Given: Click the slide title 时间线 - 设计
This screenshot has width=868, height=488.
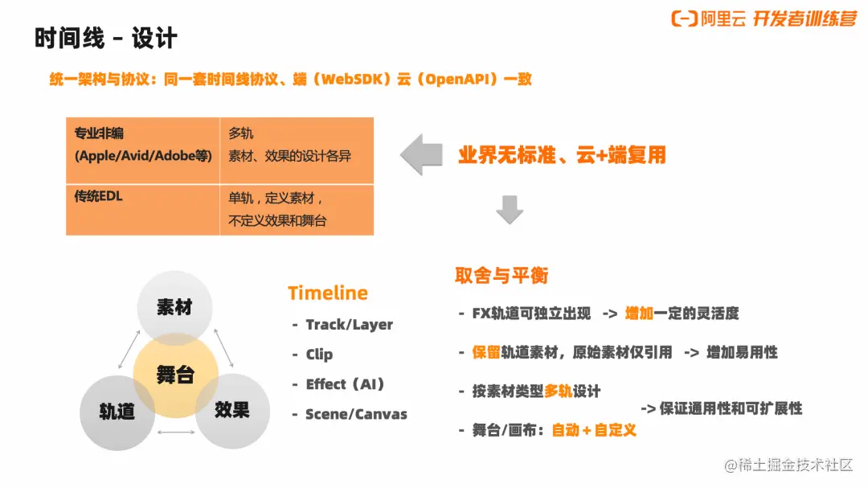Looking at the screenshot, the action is click(x=106, y=39).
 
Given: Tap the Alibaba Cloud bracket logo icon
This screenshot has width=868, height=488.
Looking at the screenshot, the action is click(x=684, y=18).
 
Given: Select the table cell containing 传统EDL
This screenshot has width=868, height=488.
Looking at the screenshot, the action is click(x=143, y=210).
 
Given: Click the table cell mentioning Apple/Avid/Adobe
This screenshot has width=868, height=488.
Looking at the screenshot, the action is click(x=143, y=150).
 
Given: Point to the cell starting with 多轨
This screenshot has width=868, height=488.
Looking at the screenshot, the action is click(x=297, y=150).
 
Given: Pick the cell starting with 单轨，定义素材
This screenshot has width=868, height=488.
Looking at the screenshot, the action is click(x=297, y=210).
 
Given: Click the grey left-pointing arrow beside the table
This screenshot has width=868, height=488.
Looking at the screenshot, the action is click(x=422, y=154).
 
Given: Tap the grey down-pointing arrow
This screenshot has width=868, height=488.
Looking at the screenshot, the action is click(x=510, y=209).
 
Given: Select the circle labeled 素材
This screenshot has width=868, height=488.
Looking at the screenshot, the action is click(x=175, y=308).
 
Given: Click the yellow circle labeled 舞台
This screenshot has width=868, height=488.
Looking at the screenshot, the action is click(x=175, y=375).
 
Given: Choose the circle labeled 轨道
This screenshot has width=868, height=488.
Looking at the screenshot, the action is click(x=117, y=412).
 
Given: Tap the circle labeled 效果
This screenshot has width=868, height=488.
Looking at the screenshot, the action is click(x=232, y=411).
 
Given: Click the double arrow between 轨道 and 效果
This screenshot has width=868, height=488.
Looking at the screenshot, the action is click(x=176, y=432).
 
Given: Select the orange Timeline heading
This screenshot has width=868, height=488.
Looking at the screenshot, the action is click(x=328, y=293).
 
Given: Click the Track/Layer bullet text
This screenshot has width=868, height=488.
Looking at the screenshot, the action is click(x=350, y=325).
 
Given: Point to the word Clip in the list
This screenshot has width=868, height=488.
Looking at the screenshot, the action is click(x=319, y=355).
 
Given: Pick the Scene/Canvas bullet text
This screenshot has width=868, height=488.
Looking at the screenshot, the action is click(x=357, y=414).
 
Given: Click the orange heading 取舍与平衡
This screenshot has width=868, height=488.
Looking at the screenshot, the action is click(x=502, y=275).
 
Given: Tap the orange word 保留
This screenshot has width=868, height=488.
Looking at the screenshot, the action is click(x=486, y=352).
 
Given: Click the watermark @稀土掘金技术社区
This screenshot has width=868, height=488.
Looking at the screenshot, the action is click(x=788, y=465).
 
